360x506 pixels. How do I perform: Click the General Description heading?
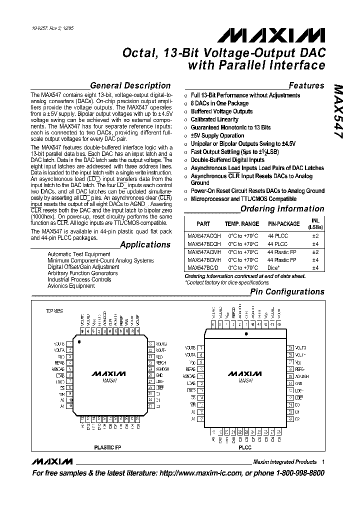click(130, 85)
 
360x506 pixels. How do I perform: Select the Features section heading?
click(306, 85)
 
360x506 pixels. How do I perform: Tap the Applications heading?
click(145, 244)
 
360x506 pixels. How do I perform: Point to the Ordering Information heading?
click(282, 209)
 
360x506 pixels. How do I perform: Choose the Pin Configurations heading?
click(287, 291)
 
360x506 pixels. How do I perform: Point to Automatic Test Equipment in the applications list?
click(78, 254)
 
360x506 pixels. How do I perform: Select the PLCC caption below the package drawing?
click(245, 447)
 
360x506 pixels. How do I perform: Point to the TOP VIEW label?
click(54, 311)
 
